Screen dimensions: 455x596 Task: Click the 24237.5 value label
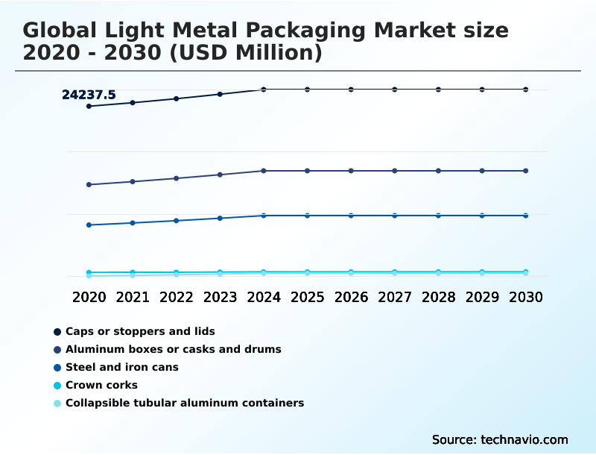(89, 95)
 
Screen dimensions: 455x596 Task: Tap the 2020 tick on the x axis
(89, 297)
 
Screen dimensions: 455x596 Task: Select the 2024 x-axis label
(264, 297)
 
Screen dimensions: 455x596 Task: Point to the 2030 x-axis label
(525, 297)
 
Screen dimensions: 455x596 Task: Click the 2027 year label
(394, 297)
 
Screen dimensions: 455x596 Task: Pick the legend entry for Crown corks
(101, 385)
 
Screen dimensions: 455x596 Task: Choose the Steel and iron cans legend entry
(121, 367)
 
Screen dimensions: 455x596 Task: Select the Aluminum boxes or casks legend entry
(173, 349)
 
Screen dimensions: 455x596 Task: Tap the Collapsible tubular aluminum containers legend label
(184, 403)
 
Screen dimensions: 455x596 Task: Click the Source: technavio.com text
(500, 439)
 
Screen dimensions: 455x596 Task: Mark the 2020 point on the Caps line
(89, 106)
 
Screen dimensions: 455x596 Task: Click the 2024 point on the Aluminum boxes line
(264, 171)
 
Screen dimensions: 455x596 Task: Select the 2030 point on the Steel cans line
(525, 216)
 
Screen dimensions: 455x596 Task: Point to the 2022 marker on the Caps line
(177, 98)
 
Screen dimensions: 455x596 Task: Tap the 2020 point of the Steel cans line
(89, 225)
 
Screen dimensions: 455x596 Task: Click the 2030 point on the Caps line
(525, 90)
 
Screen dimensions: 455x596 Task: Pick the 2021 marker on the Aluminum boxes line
(133, 181)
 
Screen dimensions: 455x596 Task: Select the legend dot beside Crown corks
(57, 385)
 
